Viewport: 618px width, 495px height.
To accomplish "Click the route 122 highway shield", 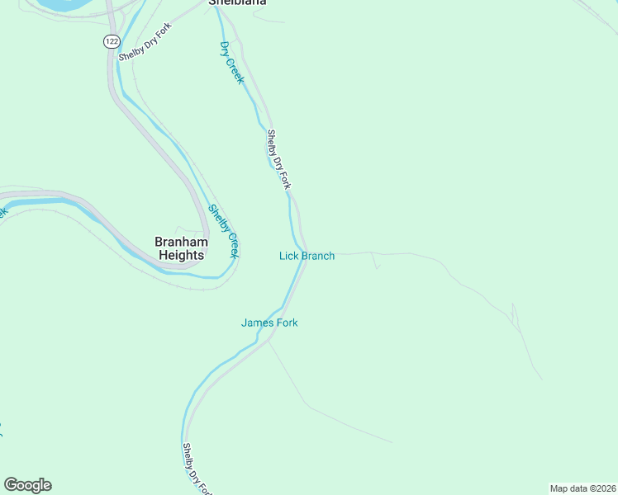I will click(111, 40).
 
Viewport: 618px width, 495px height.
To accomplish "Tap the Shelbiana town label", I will click(236, 3).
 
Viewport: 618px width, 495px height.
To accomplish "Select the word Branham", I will click(180, 242).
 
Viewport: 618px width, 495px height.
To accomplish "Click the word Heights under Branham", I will click(181, 256).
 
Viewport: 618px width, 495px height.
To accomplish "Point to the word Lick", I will click(288, 256).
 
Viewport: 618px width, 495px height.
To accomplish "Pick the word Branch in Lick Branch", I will click(318, 256).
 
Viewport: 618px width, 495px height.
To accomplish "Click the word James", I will click(257, 323).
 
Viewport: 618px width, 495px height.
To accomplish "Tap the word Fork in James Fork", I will click(286, 323).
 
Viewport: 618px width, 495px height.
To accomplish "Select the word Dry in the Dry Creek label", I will click(225, 49).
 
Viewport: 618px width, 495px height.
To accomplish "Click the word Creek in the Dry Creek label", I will click(236, 71).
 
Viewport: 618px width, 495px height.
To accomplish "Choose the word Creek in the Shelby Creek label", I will click(232, 245).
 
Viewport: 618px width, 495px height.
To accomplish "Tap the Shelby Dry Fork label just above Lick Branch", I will click(278, 159).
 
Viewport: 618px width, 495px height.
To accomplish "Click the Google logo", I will click(28, 485).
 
